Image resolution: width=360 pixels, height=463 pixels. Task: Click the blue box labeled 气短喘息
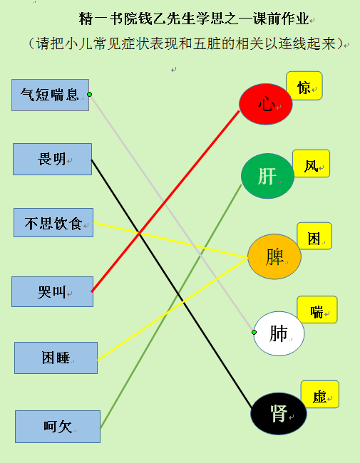tap(50, 95)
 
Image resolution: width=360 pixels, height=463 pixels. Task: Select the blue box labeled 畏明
tap(52, 159)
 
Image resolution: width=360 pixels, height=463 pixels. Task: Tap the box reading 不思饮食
tap(53, 223)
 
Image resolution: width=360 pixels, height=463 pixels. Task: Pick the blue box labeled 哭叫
tap(52, 292)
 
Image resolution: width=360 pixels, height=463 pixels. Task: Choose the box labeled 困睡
tap(56, 358)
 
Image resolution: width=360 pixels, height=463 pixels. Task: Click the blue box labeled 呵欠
tap(58, 427)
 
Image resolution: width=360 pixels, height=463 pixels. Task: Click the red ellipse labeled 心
tap(266, 104)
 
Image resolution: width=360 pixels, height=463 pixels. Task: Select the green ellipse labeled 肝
tap(267, 176)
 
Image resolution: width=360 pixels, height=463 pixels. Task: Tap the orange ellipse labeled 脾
tap(274, 256)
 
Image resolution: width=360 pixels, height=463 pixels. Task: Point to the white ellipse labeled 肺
tap(279, 333)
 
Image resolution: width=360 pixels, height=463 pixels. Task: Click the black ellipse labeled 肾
tap(279, 414)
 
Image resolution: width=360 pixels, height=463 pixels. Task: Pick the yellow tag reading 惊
tap(304, 85)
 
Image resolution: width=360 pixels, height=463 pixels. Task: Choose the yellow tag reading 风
tap(311, 164)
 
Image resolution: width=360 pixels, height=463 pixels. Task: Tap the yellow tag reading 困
tap(314, 236)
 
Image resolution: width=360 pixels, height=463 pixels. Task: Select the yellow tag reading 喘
tap(317, 309)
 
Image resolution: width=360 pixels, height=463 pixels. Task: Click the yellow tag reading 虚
tap(320, 395)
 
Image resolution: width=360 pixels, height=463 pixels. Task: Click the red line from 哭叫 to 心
tap(165, 201)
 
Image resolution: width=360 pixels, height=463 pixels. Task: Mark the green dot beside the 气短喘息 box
tap(89, 95)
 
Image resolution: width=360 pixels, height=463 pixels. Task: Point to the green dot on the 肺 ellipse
tap(254, 333)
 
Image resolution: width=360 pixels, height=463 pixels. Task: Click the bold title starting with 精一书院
tap(194, 19)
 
